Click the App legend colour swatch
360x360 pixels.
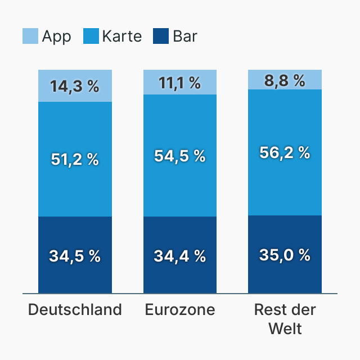[x=30, y=37]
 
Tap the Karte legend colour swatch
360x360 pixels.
[x=91, y=37]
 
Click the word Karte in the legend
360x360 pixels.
[x=121, y=37]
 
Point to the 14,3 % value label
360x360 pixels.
[x=74, y=86]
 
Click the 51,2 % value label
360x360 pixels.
[x=74, y=159]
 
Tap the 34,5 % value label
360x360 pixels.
[x=74, y=256]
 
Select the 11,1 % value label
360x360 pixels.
[x=179, y=83]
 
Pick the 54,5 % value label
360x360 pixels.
[x=179, y=156]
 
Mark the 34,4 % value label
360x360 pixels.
[x=179, y=256]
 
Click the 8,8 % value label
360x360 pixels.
[x=285, y=81]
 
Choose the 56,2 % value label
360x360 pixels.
[x=285, y=152]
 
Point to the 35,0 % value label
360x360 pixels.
[x=285, y=255]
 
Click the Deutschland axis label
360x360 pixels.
[x=75, y=310]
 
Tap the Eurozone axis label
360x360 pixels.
[x=180, y=310]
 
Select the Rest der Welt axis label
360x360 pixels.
[x=285, y=319]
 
